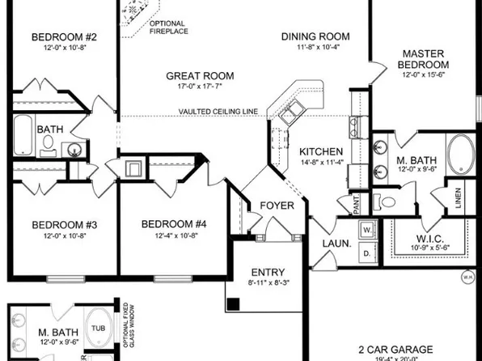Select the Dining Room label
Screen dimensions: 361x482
click(315, 36)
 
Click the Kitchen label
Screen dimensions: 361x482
click(321, 151)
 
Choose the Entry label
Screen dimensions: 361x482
click(266, 272)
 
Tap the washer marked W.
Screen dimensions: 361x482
click(366, 229)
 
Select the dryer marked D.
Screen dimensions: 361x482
click(366, 254)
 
